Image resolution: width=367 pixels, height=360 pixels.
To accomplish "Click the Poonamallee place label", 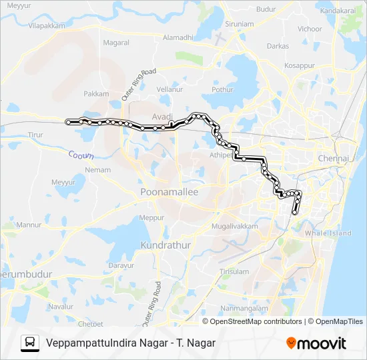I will click(169, 192).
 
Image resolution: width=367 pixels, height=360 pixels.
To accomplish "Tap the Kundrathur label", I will click(166, 245).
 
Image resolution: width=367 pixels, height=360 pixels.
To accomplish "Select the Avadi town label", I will click(162, 117).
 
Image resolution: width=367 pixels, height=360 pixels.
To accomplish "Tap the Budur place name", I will click(266, 9).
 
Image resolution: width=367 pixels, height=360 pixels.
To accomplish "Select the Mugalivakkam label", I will click(234, 227).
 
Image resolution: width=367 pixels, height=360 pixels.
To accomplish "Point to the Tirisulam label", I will click(234, 271).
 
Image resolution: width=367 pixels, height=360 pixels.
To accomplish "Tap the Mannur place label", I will click(28, 225).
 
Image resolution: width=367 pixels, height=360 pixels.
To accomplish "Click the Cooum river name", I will click(81, 155).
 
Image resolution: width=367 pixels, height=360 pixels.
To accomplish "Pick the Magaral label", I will click(116, 43).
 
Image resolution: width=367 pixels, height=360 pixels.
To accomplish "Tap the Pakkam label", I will click(97, 94).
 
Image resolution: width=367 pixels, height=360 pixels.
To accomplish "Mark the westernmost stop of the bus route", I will click(68, 121).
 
